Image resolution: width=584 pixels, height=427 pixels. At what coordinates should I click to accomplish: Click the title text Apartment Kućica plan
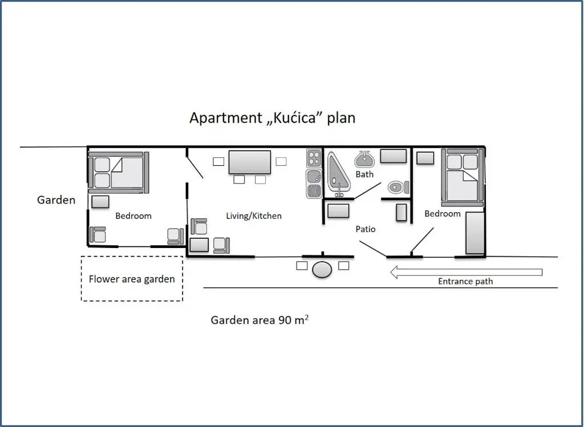(x=272, y=118)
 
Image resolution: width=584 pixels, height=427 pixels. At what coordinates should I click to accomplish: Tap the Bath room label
(x=364, y=174)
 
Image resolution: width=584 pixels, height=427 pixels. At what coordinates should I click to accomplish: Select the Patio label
(x=366, y=229)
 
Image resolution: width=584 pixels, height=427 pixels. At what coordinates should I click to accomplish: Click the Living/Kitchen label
(x=254, y=216)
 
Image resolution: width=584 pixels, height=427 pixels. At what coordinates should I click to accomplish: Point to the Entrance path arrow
(x=467, y=272)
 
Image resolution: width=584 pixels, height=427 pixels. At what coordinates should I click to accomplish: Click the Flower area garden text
(x=132, y=279)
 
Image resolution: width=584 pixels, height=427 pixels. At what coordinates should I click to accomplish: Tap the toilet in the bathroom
(x=398, y=187)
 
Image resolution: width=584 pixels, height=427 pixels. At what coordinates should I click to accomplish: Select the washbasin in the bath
(x=364, y=159)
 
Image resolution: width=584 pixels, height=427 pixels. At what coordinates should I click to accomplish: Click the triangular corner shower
(x=339, y=174)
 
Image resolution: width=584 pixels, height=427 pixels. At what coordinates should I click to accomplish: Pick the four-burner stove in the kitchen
(x=314, y=158)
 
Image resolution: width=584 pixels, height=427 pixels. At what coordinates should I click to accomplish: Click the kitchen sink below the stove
(x=314, y=184)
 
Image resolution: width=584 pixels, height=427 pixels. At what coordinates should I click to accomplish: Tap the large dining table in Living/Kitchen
(x=250, y=162)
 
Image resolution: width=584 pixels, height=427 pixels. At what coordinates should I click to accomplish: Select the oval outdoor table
(x=322, y=270)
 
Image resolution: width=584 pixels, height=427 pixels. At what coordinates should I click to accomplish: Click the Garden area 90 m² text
(x=259, y=320)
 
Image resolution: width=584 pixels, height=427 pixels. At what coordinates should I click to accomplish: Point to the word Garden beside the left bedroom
(x=56, y=200)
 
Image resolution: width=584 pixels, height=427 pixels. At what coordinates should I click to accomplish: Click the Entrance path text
(x=465, y=282)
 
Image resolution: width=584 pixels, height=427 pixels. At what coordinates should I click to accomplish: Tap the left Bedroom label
(x=133, y=216)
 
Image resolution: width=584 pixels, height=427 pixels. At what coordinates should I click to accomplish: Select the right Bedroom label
(x=443, y=214)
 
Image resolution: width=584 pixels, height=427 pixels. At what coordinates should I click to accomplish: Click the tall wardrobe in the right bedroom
(x=475, y=233)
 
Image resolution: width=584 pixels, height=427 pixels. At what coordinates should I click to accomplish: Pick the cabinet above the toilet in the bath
(x=394, y=156)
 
